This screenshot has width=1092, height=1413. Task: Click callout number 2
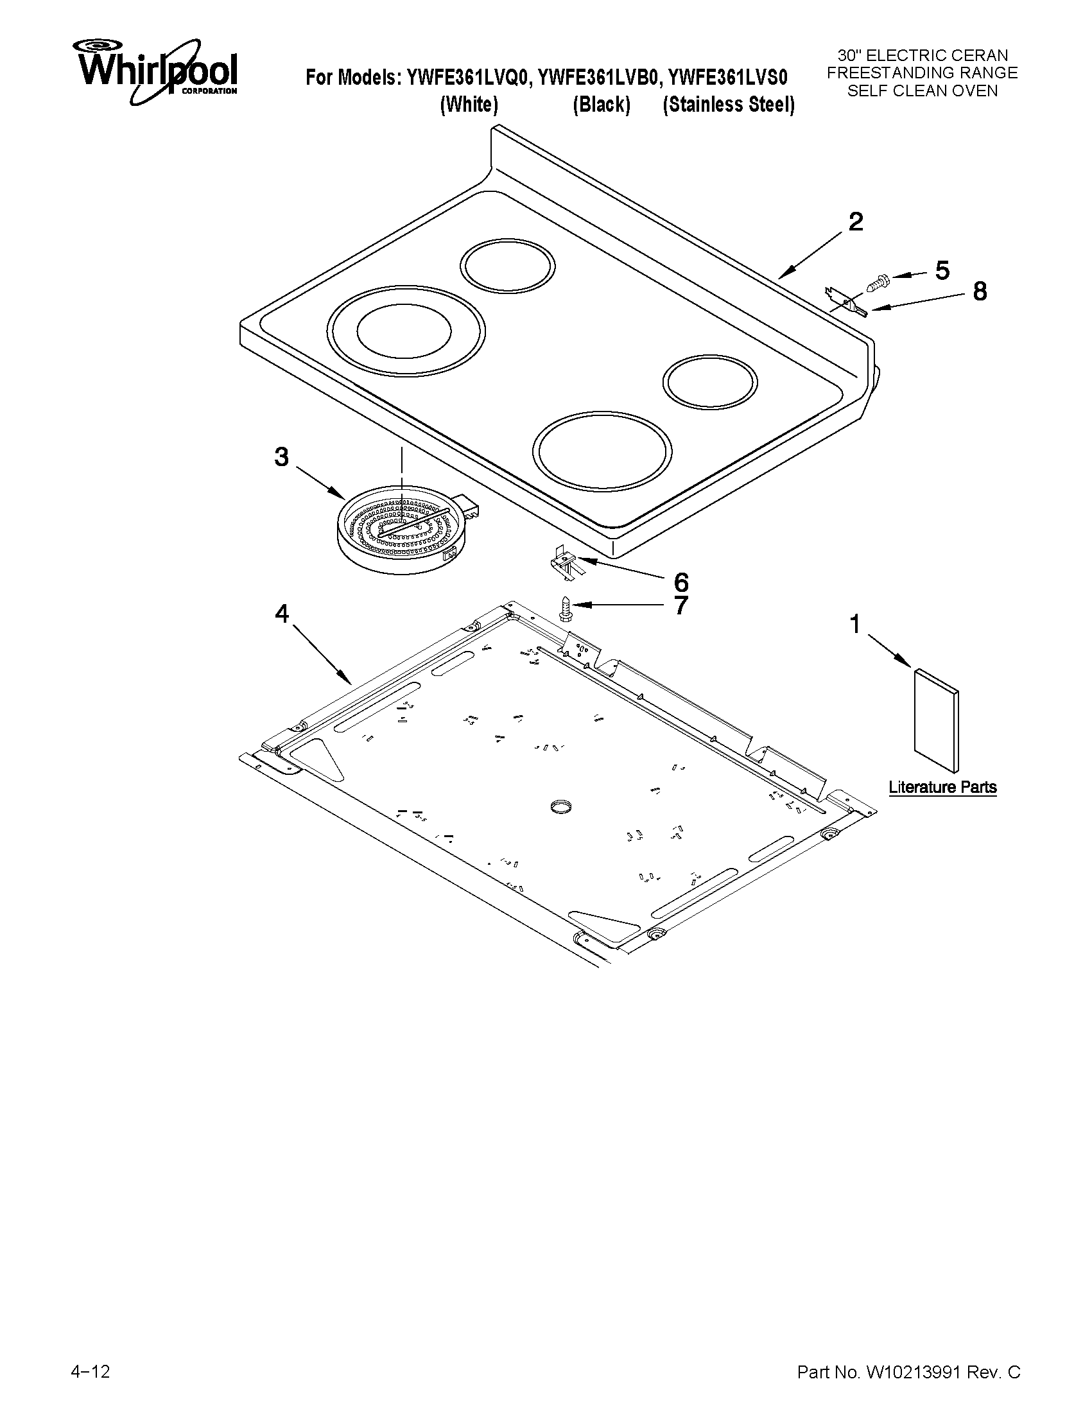click(855, 223)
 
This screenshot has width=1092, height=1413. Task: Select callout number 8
click(980, 292)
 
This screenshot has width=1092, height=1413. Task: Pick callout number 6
click(681, 582)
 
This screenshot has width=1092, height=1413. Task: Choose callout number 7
click(681, 605)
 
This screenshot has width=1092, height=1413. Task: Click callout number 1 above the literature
click(854, 625)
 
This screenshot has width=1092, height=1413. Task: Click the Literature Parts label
click(942, 787)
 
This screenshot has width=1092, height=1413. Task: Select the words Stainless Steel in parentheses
click(729, 105)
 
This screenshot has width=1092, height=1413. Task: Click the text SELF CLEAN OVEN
click(922, 91)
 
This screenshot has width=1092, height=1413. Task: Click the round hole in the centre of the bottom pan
click(561, 806)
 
